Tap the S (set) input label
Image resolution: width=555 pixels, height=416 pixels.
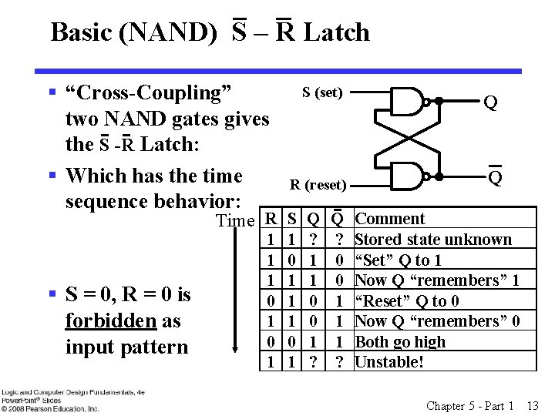pyautogui.click(x=322, y=92)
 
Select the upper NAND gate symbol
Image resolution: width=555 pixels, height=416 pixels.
pyautogui.click(x=409, y=100)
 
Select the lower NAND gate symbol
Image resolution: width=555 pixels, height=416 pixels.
pyautogui.click(x=409, y=176)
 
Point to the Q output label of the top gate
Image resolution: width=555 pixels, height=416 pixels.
pyautogui.click(x=489, y=102)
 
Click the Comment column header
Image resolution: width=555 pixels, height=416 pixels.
pyautogui.click(x=389, y=219)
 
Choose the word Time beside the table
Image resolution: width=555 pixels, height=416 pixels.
pyautogui.click(x=235, y=221)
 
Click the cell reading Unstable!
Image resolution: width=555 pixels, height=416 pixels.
pyautogui.click(x=389, y=362)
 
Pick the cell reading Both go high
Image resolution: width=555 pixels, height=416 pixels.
pyautogui.click(x=400, y=342)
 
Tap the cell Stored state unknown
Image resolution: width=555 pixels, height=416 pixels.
pyautogui.click(x=432, y=240)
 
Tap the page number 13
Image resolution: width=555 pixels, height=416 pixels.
pyautogui.click(x=533, y=405)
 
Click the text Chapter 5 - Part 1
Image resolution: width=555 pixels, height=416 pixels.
pyautogui.click(x=470, y=405)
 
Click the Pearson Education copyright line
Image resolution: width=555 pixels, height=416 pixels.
pyautogui.click(x=50, y=408)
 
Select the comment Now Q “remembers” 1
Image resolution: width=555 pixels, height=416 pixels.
pyautogui.click(x=437, y=280)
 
